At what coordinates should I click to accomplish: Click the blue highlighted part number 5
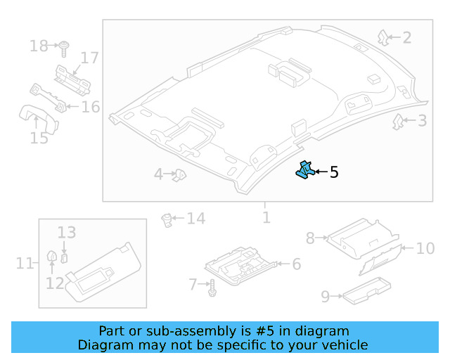point(304,170)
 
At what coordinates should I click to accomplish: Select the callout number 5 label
point(334,172)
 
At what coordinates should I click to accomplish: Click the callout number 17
point(89,58)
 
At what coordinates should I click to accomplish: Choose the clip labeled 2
point(383,36)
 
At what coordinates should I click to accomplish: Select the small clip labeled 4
point(179,174)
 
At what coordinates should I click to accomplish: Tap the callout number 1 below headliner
point(266,217)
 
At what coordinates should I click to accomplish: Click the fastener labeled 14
point(167,219)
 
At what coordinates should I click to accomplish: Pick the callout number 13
point(66,232)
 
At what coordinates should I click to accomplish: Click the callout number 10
point(425,248)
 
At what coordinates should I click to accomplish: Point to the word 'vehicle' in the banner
point(342,345)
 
